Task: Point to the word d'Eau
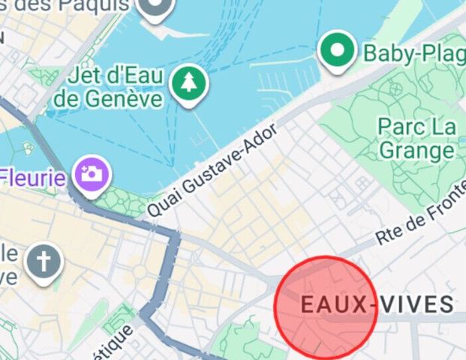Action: [x=135, y=76]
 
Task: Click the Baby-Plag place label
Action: [x=413, y=52]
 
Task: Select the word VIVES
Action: [x=416, y=304]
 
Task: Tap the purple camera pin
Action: [x=92, y=175]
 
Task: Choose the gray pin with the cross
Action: [x=44, y=262]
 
